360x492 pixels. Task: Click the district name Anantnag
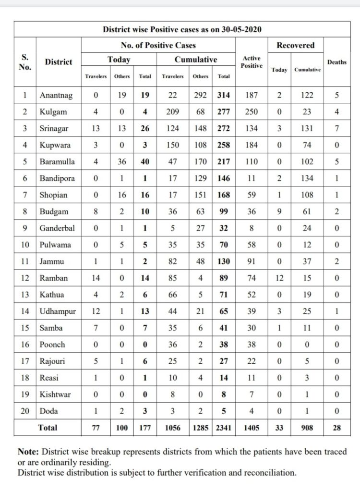pyautogui.click(x=57, y=95)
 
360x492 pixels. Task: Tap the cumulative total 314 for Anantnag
pyautogui.click(x=223, y=95)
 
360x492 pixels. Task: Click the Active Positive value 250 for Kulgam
pyautogui.click(x=251, y=111)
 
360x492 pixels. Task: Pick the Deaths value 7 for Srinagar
pyautogui.click(x=336, y=128)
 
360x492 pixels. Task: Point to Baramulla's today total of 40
pyautogui.click(x=144, y=161)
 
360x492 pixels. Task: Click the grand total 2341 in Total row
pyautogui.click(x=223, y=427)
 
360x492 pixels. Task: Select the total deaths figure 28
pyautogui.click(x=336, y=427)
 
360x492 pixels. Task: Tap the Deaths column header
pyautogui.click(x=336, y=61)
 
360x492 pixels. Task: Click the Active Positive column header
pyautogui.click(x=251, y=61)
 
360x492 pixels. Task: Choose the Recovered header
pyautogui.click(x=295, y=45)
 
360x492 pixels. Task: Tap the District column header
pyautogui.click(x=59, y=61)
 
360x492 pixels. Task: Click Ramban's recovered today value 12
pyautogui.click(x=279, y=278)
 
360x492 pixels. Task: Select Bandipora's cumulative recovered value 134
pyautogui.click(x=307, y=178)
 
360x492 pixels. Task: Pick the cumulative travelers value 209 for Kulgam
pyautogui.click(x=173, y=111)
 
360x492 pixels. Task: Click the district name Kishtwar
pyautogui.click(x=55, y=394)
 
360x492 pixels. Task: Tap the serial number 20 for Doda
pyautogui.click(x=25, y=411)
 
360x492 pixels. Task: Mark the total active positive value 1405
pyautogui.click(x=251, y=427)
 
